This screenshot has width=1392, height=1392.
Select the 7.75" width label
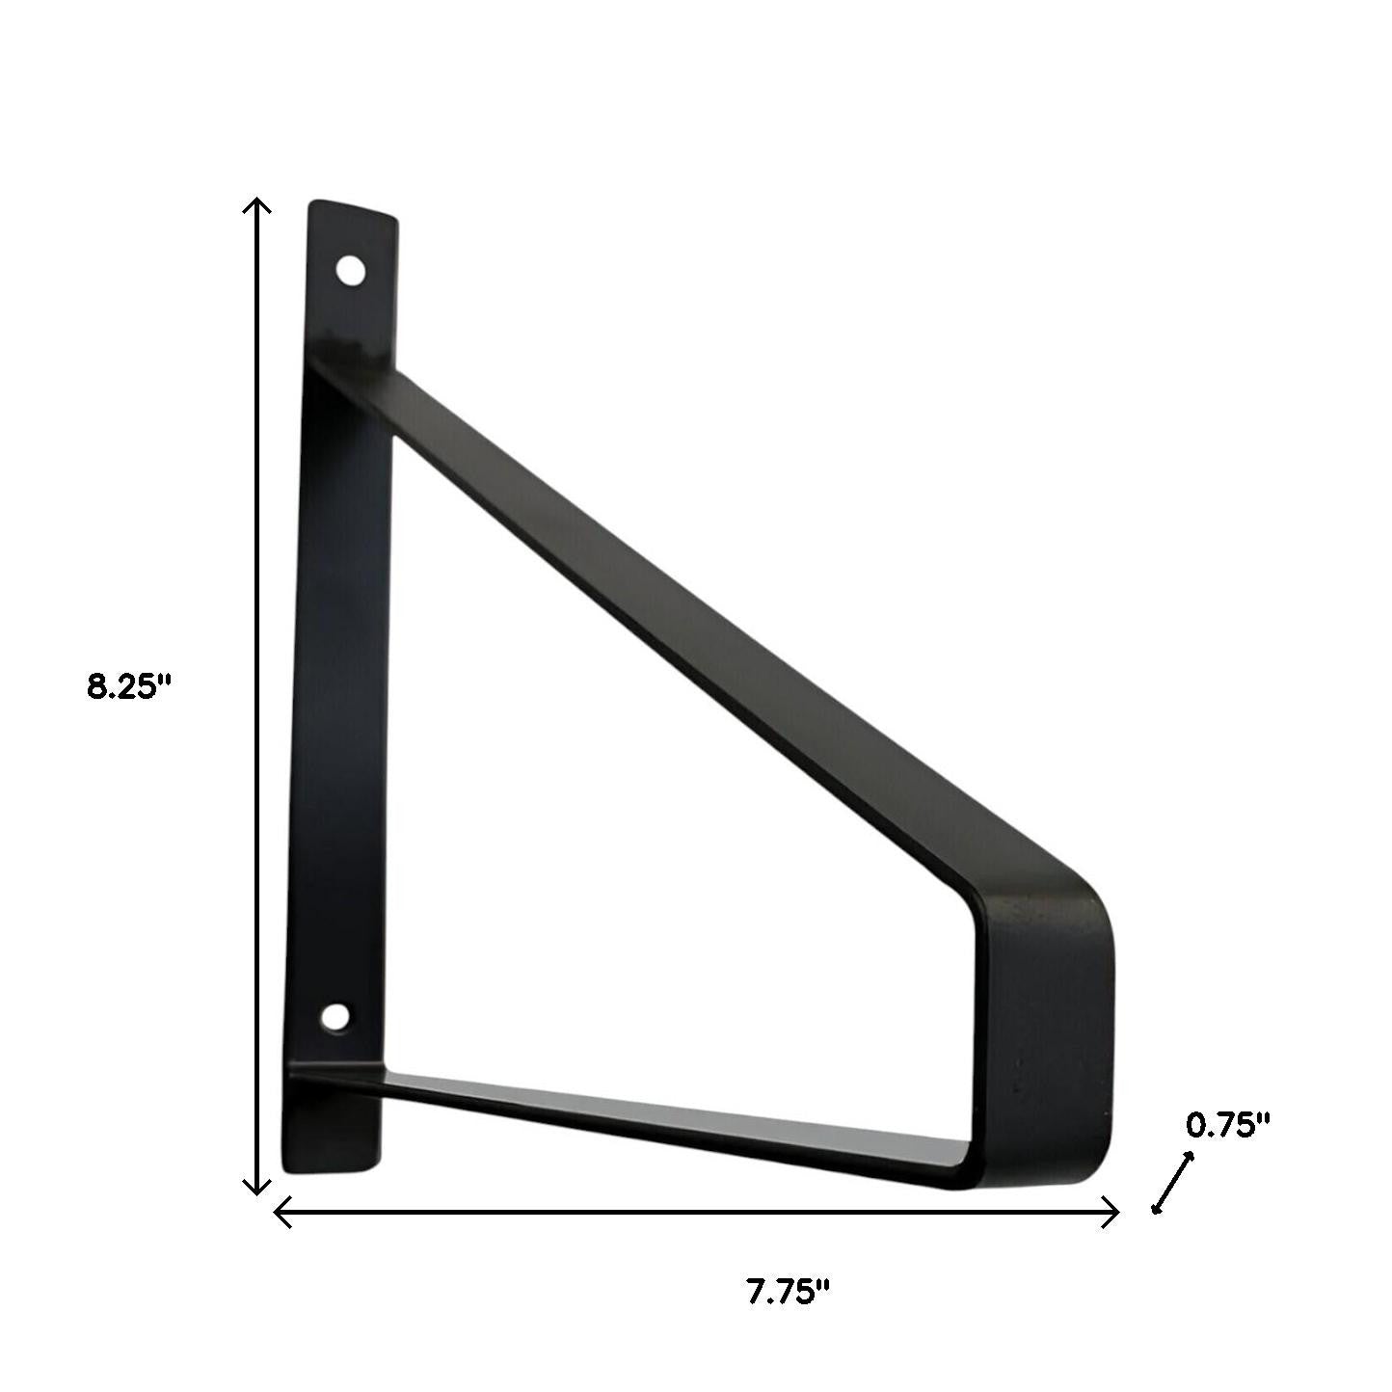click(x=788, y=1291)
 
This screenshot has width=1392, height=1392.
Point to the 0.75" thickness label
click(x=1227, y=1124)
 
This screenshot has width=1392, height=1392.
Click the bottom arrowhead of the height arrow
click(x=255, y=1190)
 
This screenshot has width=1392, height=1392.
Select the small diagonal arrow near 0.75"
click(x=1173, y=1183)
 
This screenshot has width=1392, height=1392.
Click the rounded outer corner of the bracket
click(x=1094, y=901)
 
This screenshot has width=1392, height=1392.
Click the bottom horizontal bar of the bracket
click(x=675, y=1123)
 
